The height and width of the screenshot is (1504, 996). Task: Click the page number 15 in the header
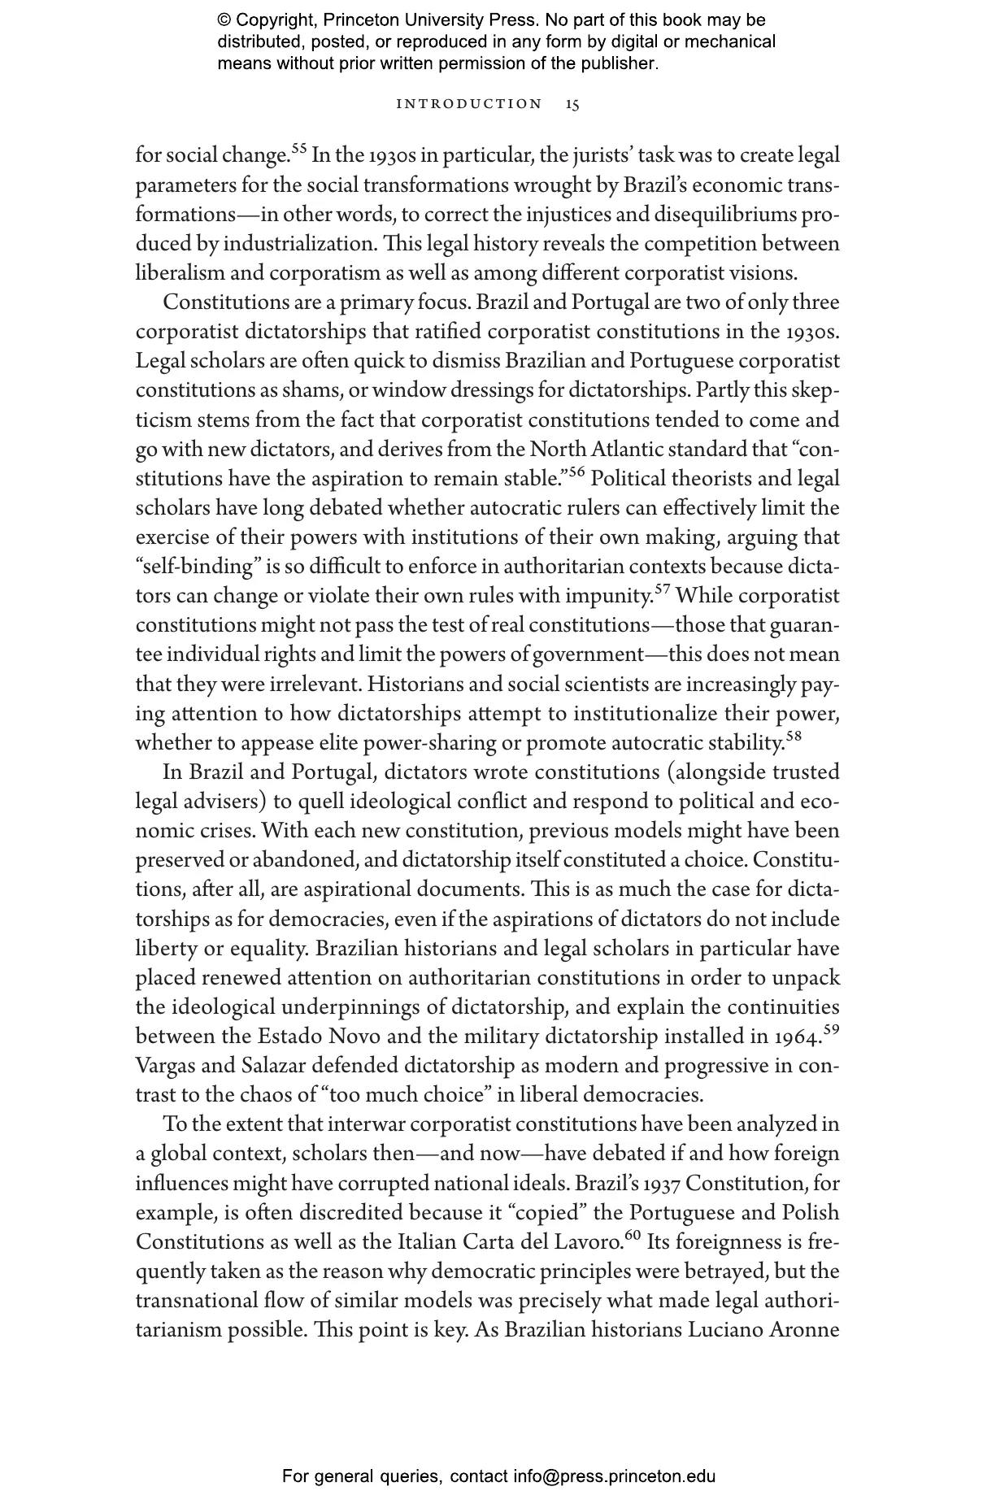[x=572, y=104]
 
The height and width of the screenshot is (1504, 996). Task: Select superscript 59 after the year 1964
[x=831, y=1029]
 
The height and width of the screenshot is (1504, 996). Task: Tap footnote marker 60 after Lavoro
[x=633, y=1235]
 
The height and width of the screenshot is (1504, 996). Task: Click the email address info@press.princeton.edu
[x=614, y=1476]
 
